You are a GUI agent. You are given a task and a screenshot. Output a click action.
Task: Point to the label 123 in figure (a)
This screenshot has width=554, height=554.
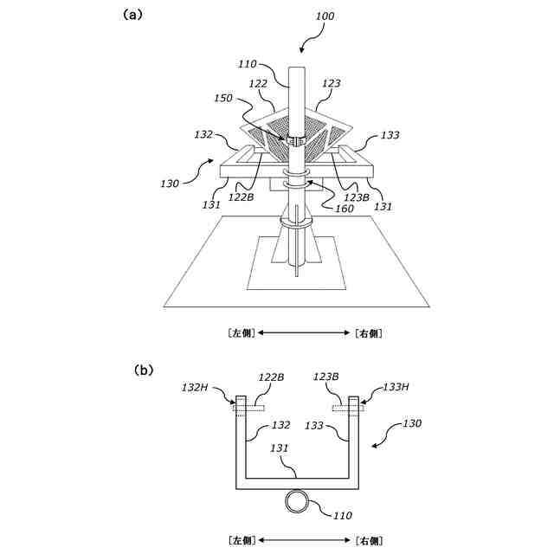pyautogui.click(x=331, y=84)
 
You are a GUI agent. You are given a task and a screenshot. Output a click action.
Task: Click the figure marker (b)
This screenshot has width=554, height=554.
pyautogui.click(x=144, y=370)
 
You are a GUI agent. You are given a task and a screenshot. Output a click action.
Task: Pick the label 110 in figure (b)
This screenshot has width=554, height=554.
pyautogui.click(x=342, y=516)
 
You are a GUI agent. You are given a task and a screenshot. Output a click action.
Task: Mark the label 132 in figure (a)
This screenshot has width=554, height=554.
pyautogui.click(x=203, y=135)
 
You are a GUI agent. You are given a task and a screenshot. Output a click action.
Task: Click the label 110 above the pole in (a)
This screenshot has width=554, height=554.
pyautogui.click(x=248, y=64)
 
